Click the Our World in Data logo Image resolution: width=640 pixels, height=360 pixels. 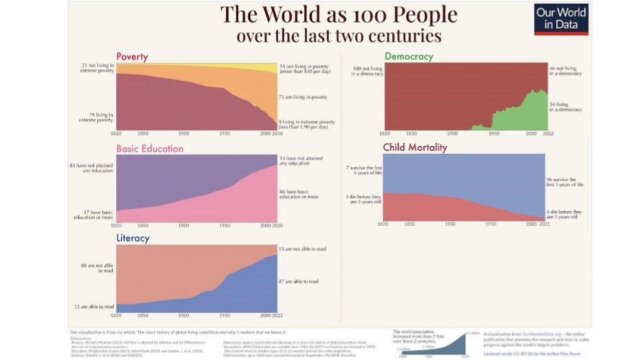[561, 19]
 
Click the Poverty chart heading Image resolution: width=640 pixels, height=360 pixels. [132, 57]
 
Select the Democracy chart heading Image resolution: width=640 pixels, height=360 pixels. [409, 56]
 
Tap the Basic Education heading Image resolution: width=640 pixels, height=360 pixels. [150, 149]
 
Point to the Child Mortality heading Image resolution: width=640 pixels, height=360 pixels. [415, 147]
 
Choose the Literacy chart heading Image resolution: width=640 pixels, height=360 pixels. [133, 238]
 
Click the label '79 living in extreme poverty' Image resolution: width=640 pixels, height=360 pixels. [96, 117]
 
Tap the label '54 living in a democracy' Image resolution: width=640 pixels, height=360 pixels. [565, 107]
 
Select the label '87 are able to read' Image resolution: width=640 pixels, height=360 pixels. [298, 281]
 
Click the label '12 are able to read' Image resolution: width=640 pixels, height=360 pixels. [94, 307]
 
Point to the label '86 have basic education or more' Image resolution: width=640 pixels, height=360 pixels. [299, 194]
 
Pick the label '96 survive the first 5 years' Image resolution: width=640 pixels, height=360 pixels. [565, 182]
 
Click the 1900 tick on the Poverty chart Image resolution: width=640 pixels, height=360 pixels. [184, 133]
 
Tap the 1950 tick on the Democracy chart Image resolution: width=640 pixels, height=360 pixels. [494, 133]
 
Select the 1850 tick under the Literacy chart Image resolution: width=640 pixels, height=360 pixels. [143, 315]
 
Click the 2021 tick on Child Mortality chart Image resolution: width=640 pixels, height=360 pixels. [544, 224]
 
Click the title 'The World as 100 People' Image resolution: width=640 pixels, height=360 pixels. [339, 15]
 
